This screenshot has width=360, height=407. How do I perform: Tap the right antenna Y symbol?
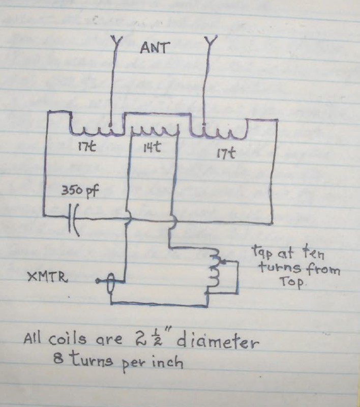coord(209,42)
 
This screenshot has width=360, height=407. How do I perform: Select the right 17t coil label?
coord(223,152)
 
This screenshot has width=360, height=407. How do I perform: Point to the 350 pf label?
coord(78,193)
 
